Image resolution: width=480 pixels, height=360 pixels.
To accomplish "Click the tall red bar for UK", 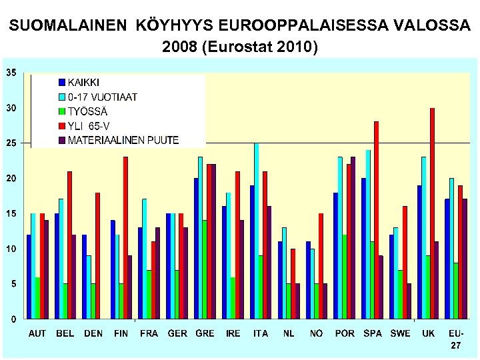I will tap(432, 213).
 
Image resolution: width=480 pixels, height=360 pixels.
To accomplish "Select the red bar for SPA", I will tap(376, 220).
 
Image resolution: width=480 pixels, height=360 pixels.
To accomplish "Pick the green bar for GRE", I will tap(204, 269).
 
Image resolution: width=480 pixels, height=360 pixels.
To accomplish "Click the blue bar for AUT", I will tap(29, 277).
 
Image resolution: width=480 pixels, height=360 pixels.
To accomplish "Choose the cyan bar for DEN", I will tap(89, 287).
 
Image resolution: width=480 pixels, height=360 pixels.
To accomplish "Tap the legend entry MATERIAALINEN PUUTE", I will tap(123, 140).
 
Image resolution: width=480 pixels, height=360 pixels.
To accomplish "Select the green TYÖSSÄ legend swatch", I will tap(62, 111).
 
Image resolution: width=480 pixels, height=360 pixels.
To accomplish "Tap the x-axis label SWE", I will tap(400, 333).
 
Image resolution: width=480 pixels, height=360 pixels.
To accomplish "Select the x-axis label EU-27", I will tap(456, 339).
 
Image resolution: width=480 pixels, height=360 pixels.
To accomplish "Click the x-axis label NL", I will tap(288, 333).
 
